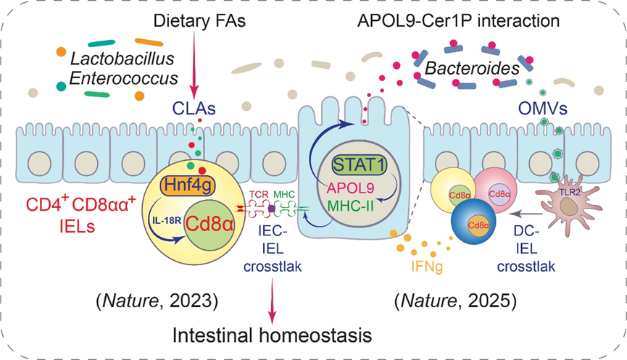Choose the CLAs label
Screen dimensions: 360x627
(192, 109)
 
